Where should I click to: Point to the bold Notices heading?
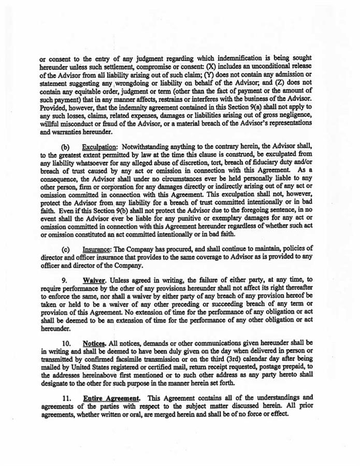pos(95,343)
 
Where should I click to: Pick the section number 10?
pos(67,343)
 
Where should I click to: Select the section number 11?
pos(67,398)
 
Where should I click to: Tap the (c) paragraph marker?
pos(66,249)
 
